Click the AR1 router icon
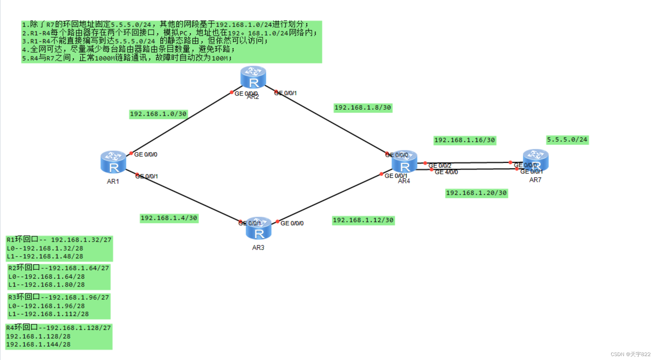click(x=113, y=162)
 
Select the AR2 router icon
click(x=253, y=77)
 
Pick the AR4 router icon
click(x=404, y=162)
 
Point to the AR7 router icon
click(x=535, y=160)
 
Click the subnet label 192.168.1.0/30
click(x=158, y=114)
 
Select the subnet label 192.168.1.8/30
click(x=363, y=108)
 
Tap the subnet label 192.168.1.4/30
click(x=169, y=218)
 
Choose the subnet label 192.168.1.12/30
click(x=363, y=221)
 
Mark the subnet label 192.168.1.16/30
click(x=465, y=140)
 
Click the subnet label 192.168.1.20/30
click(x=476, y=193)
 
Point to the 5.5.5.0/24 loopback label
click(x=567, y=140)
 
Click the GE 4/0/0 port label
click(x=446, y=172)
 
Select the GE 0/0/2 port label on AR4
click(x=440, y=166)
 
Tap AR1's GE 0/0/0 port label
click(x=146, y=154)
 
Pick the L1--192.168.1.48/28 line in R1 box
click(x=45, y=256)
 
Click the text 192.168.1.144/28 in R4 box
click(x=38, y=344)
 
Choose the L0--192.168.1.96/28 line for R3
click(x=47, y=306)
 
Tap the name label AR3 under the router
click(x=258, y=248)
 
